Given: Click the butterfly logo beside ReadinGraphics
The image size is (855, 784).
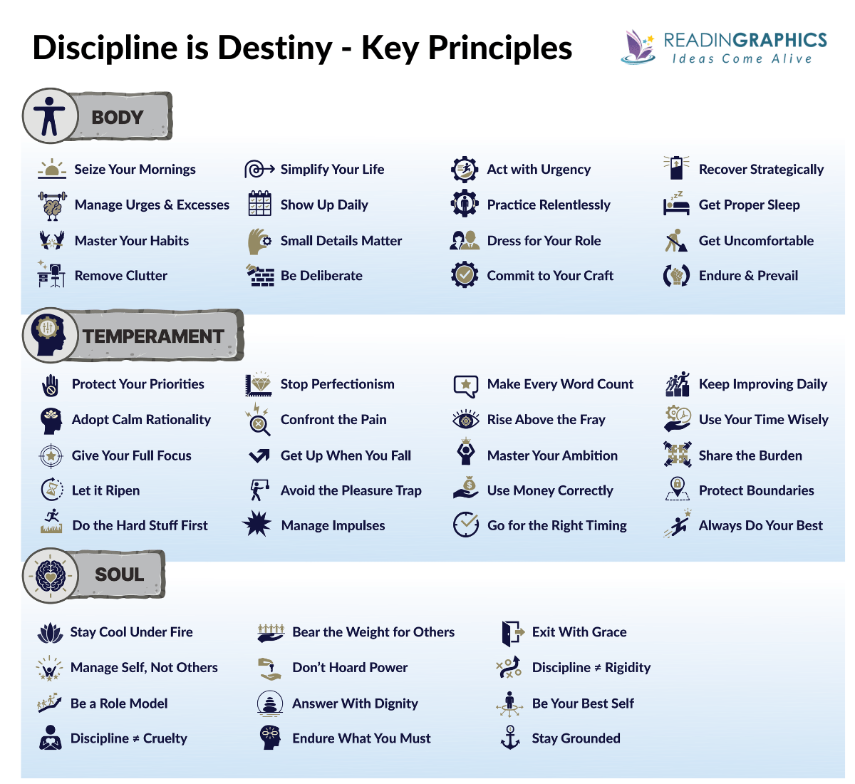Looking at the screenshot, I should tap(638, 46).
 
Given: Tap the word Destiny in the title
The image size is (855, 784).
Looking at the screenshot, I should tap(274, 48).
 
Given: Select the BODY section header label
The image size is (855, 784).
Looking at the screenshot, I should tap(118, 117).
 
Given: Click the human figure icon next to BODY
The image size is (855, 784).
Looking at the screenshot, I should tap(49, 115).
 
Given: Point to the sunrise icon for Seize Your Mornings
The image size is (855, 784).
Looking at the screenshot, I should tap(51, 169).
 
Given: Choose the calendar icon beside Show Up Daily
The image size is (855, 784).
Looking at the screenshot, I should tap(259, 204).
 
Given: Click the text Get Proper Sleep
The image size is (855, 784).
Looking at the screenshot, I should tap(749, 205).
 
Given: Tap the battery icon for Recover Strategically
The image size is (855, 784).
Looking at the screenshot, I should tap(675, 168).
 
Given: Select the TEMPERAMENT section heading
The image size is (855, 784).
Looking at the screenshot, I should tap(152, 336).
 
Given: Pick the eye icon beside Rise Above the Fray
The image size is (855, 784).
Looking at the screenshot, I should tap(466, 419).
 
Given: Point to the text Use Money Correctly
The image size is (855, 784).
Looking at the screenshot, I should tap(549, 490).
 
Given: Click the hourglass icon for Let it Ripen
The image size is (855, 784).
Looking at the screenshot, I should tap(52, 490).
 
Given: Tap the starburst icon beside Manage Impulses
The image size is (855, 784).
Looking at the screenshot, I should tap(256, 525).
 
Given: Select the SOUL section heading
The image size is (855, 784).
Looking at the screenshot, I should tap(119, 574).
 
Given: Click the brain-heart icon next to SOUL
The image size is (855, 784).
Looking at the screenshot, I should tap(50, 574).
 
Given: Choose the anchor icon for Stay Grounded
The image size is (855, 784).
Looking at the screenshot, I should tap(510, 738).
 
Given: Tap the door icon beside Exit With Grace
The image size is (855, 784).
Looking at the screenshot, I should tap(512, 631).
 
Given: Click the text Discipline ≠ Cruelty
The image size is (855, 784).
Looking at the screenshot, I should tap(128, 738).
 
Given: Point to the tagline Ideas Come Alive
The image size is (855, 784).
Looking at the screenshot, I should tap(742, 59).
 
